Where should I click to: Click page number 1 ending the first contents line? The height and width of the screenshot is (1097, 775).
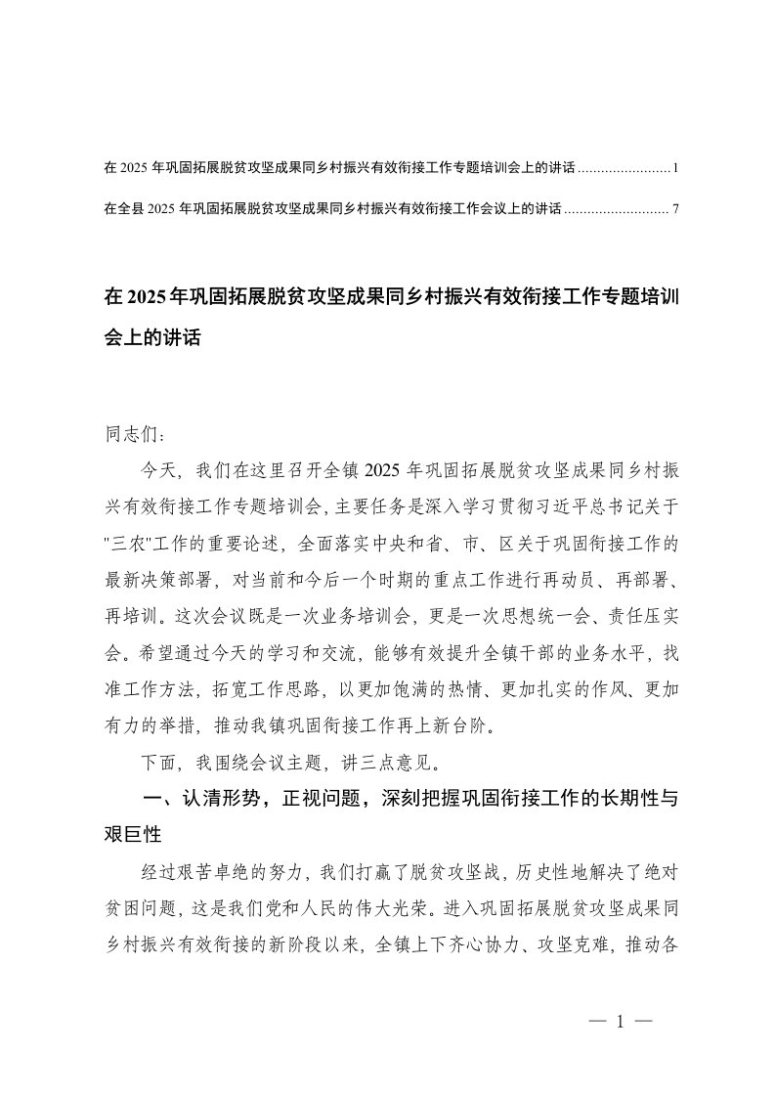(675, 168)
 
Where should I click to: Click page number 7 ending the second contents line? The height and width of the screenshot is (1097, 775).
(675, 208)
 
